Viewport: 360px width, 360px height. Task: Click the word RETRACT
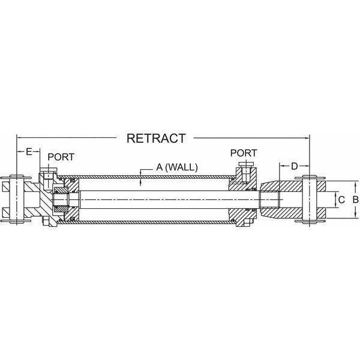pyautogui.click(x=155, y=138)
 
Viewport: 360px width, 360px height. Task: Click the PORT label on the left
pyautogui.click(x=61, y=157)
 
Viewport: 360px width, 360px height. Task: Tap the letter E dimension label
pyautogui.click(x=28, y=152)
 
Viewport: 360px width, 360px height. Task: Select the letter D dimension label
pyautogui.click(x=294, y=166)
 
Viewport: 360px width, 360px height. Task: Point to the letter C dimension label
pyautogui.click(x=340, y=199)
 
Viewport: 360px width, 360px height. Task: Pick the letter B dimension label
pyautogui.click(x=355, y=199)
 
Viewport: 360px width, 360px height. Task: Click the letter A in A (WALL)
pyautogui.click(x=160, y=167)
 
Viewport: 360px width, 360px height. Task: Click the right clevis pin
pyautogui.click(x=310, y=200)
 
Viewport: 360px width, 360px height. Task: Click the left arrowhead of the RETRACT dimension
pyautogui.click(x=18, y=138)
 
